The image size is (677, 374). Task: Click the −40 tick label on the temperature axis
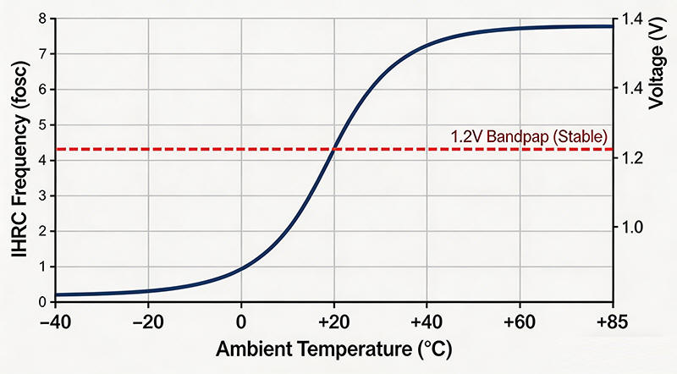pos(55,322)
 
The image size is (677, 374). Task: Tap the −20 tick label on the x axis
pos(148,322)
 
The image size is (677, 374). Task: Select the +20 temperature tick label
pos(333,322)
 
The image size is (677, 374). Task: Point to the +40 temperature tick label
pos(427,322)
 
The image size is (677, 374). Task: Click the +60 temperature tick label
pos(519,322)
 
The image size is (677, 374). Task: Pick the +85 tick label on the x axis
pos(611,322)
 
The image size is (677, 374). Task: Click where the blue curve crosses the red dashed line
pos(335,149)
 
